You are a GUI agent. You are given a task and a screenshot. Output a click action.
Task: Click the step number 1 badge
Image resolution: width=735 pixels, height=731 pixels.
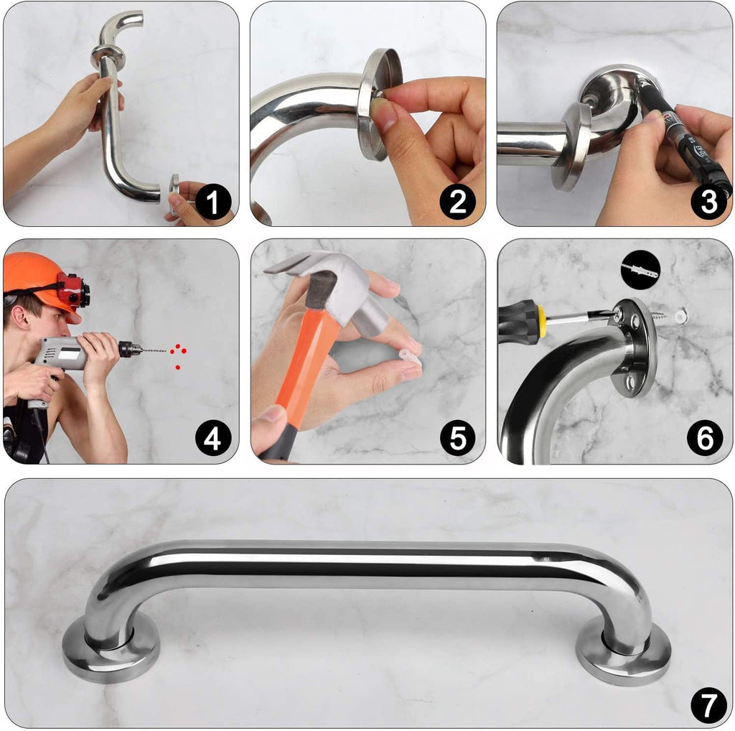click(213, 202)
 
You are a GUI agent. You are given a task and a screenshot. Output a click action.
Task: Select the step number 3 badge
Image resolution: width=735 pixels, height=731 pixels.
click(708, 202)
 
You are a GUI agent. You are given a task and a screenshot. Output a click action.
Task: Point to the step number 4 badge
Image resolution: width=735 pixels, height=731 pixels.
click(212, 438)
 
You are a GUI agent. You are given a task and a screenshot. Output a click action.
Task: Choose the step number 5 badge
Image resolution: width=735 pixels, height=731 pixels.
click(458, 438)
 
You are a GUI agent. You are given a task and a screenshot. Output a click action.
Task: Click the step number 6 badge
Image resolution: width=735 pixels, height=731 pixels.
click(705, 438)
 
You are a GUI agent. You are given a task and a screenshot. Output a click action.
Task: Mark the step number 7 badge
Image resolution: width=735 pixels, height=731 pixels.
click(708, 706)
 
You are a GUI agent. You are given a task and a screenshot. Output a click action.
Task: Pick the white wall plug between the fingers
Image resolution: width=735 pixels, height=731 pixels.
click(409, 357)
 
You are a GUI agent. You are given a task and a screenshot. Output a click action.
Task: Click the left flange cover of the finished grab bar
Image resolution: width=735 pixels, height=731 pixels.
click(111, 654)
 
